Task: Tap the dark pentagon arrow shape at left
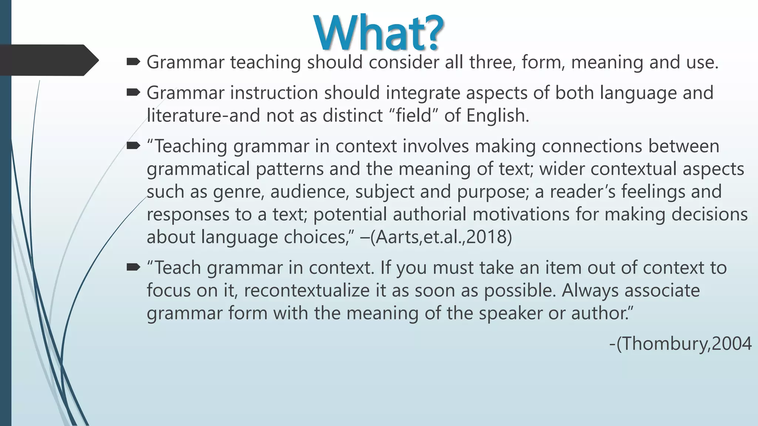coord(48,60)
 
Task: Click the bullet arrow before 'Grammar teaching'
coord(133,62)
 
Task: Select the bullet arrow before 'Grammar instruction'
coord(133,92)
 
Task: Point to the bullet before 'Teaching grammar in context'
coord(133,146)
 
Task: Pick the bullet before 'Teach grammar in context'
coord(133,267)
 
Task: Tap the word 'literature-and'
coord(204,115)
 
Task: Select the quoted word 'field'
coord(414,115)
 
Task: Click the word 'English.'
coord(498,115)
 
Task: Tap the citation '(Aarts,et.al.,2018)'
coord(441,237)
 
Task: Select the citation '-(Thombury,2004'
coord(680,344)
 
